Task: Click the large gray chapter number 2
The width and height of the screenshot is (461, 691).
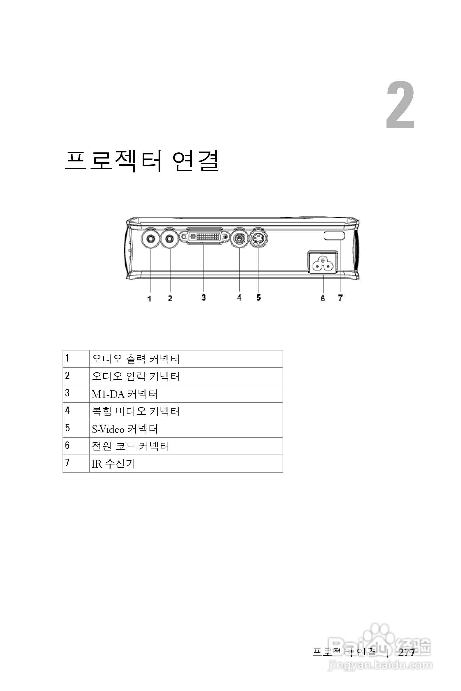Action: tap(400, 105)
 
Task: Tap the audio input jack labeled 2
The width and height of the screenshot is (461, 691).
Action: tap(170, 239)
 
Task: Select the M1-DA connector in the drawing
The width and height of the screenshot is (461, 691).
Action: tap(204, 236)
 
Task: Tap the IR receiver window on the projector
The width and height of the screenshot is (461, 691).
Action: tap(334, 235)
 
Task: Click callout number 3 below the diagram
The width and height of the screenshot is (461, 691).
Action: tap(204, 297)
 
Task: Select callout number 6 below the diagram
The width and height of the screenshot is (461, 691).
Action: tap(323, 298)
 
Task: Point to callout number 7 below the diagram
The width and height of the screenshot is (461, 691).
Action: tap(340, 298)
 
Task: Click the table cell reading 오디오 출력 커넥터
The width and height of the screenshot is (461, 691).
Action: tap(136, 359)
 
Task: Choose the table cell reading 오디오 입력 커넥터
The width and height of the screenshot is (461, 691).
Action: tap(136, 376)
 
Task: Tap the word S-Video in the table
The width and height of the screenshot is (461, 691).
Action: tap(108, 429)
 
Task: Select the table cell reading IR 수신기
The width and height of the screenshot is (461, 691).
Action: tap(113, 464)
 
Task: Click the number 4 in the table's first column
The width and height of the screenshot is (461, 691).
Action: tap(68, 410)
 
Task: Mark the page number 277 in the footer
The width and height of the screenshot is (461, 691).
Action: tap(407, 652)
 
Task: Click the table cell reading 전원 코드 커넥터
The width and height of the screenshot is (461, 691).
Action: tap(130, 446)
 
